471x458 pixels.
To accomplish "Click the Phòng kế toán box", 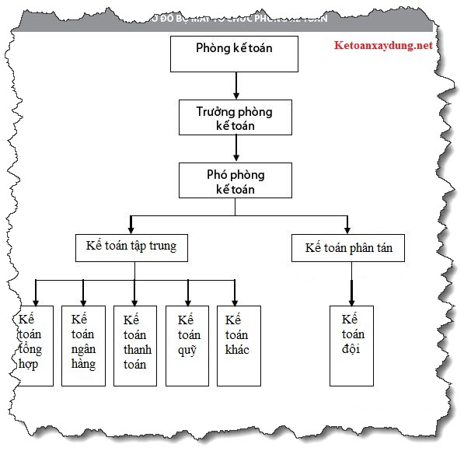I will point(234,53).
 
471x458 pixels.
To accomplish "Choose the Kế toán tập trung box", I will point(131,246).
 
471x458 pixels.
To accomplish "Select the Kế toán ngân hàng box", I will point(83,344).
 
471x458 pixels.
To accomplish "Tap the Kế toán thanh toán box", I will point(135,344).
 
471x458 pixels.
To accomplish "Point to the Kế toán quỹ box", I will point(187,344).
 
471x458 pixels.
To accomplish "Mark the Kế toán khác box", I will point(238,344).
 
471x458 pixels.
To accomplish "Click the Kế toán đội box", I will point(351,344).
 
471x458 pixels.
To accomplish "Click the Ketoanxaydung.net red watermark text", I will point(381,46).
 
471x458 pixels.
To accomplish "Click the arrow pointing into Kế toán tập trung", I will point(131,223).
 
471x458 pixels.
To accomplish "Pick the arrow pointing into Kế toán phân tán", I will point(347,224).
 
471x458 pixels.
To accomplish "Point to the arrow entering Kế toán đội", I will point(351,292).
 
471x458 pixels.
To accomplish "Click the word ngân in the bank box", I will point(83,350).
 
